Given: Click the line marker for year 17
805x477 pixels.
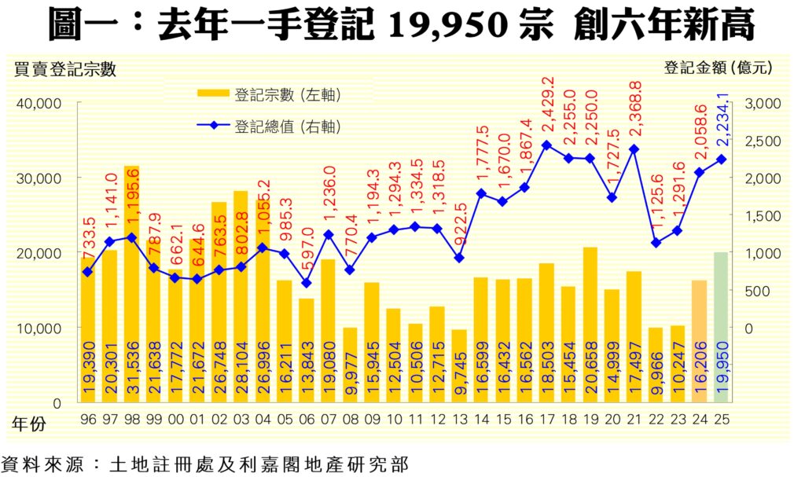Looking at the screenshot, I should tap(546, 145).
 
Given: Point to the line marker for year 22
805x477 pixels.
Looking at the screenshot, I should tap(656, 243).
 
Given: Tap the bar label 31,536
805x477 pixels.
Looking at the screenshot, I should tap(132, 369).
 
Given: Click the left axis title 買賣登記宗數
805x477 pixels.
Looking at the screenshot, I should tap(65, 69).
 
